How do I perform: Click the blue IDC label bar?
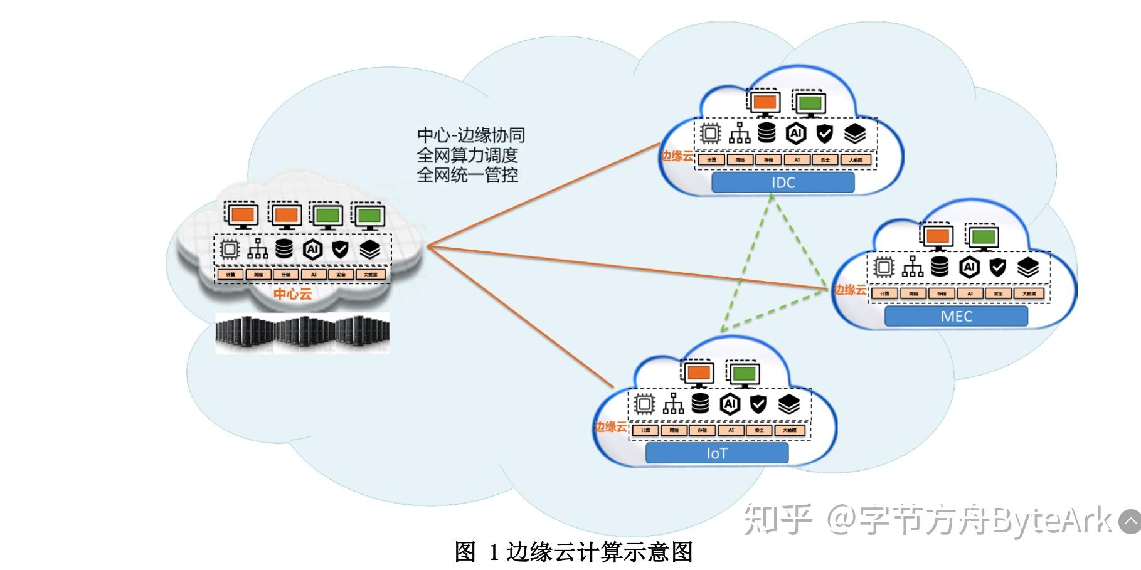(782, 182)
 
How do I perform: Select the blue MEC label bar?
(955, 316)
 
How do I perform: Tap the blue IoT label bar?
(716, 453)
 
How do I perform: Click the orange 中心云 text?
(292, 294)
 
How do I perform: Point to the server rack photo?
(302, 334)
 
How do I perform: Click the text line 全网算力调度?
(467, 155)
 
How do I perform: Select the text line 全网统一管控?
(467, 175)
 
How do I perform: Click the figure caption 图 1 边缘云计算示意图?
(573, 552)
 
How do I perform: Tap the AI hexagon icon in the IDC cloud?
(796, 133)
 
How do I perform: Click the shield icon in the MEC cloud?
(997, 267)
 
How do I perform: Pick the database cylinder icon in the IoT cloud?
(700, 403)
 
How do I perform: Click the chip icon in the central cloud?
(230, 250)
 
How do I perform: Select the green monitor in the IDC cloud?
(809, 103)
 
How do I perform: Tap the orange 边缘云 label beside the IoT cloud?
(610, 427)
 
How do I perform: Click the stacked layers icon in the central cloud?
(370, 250)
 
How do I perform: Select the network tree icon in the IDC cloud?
(740, 133)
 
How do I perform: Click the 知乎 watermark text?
(778, 520)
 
